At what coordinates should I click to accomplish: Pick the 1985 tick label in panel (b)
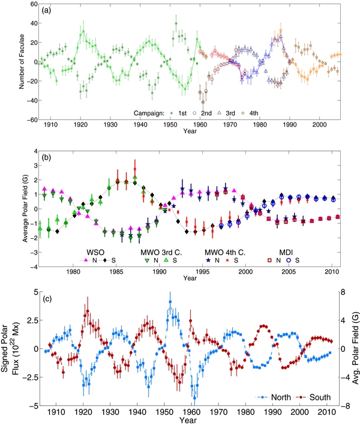pos(116,272)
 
